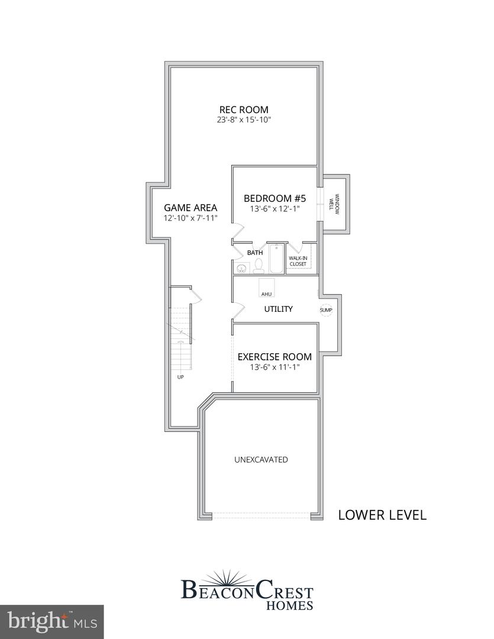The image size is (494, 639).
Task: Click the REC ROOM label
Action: pyautogui.click(x=244, y=109)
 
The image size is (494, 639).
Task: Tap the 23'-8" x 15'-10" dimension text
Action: pyautogui.click(x=244, y=120)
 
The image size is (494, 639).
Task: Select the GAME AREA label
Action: pyautogui.click(x=191, y=208)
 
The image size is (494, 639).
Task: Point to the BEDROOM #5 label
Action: pyautogui.click(x=275, y=198)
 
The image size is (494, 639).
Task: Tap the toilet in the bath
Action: pyautogui.click(x=259, y=267)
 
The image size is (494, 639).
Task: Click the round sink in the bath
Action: pyautogui.click(x=241, y=269)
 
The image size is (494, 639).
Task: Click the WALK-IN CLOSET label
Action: pyautogui.click(x=298, y=261)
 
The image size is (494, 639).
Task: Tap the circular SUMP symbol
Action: pyautogui.click(x=326, y=309)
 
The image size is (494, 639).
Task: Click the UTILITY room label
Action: pyautogui.click(x=278, y=309)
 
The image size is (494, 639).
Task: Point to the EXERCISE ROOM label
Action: pyautogui.click(x=275, y=357)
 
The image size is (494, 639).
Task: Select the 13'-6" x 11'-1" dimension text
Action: pyautogui.click(x=275, y=367)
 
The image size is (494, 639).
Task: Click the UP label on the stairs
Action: pyautogui.click(x=180, y=376)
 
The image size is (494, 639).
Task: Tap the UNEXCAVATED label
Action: pyautogui.click(x=261, y=459)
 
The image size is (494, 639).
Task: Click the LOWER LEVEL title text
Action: pyautogui.click(x=382, y=515)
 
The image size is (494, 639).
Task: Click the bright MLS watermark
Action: pyautogui.click(x=51, y=621)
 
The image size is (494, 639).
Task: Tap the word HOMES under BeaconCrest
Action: pyautogui.click(x=290, y=605)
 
